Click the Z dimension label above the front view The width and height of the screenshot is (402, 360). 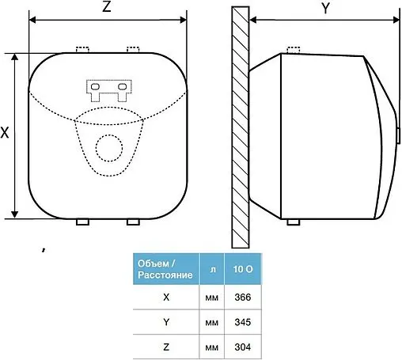click(106, 6)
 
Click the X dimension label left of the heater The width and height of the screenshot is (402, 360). click(5, 132)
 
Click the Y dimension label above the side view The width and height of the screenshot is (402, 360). click(326, 9)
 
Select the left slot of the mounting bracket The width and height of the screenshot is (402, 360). click(95, 86)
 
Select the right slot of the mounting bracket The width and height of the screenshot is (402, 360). click(123, 86)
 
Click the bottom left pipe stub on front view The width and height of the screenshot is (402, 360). click(82, 222)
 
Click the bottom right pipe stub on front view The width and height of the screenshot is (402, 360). click(133, 222)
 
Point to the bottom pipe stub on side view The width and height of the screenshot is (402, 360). click(294, 222)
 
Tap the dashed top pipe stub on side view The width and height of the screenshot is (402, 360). click(294, 50)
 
